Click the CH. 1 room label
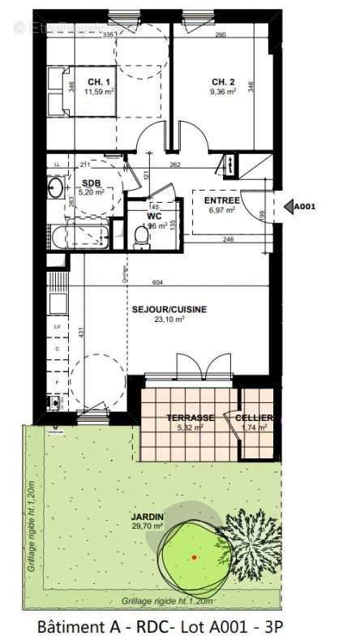pyautogui.click(x=100, y=83)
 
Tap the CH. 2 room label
pyautogui.click(x=224, y=83)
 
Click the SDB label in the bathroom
pyautogui.click(x=91, y=183)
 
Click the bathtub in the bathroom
pyautogui.click(x=79, y=238)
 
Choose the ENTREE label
pyautogui.click(x=221, y=200)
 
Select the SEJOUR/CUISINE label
pyautogui.click(x=169, y=309)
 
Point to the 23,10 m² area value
pyautogui.click(x=169, y=320)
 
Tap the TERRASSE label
pyautogui.click(x=191, y=418)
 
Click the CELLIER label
pyautogui.click(x=254, y=418)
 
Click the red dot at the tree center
pyautogui.click(x=195, y=557)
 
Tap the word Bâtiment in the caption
pyautogui.click(x=71, y=626)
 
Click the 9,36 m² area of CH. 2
pyautogui.click(x=224, y=92)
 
